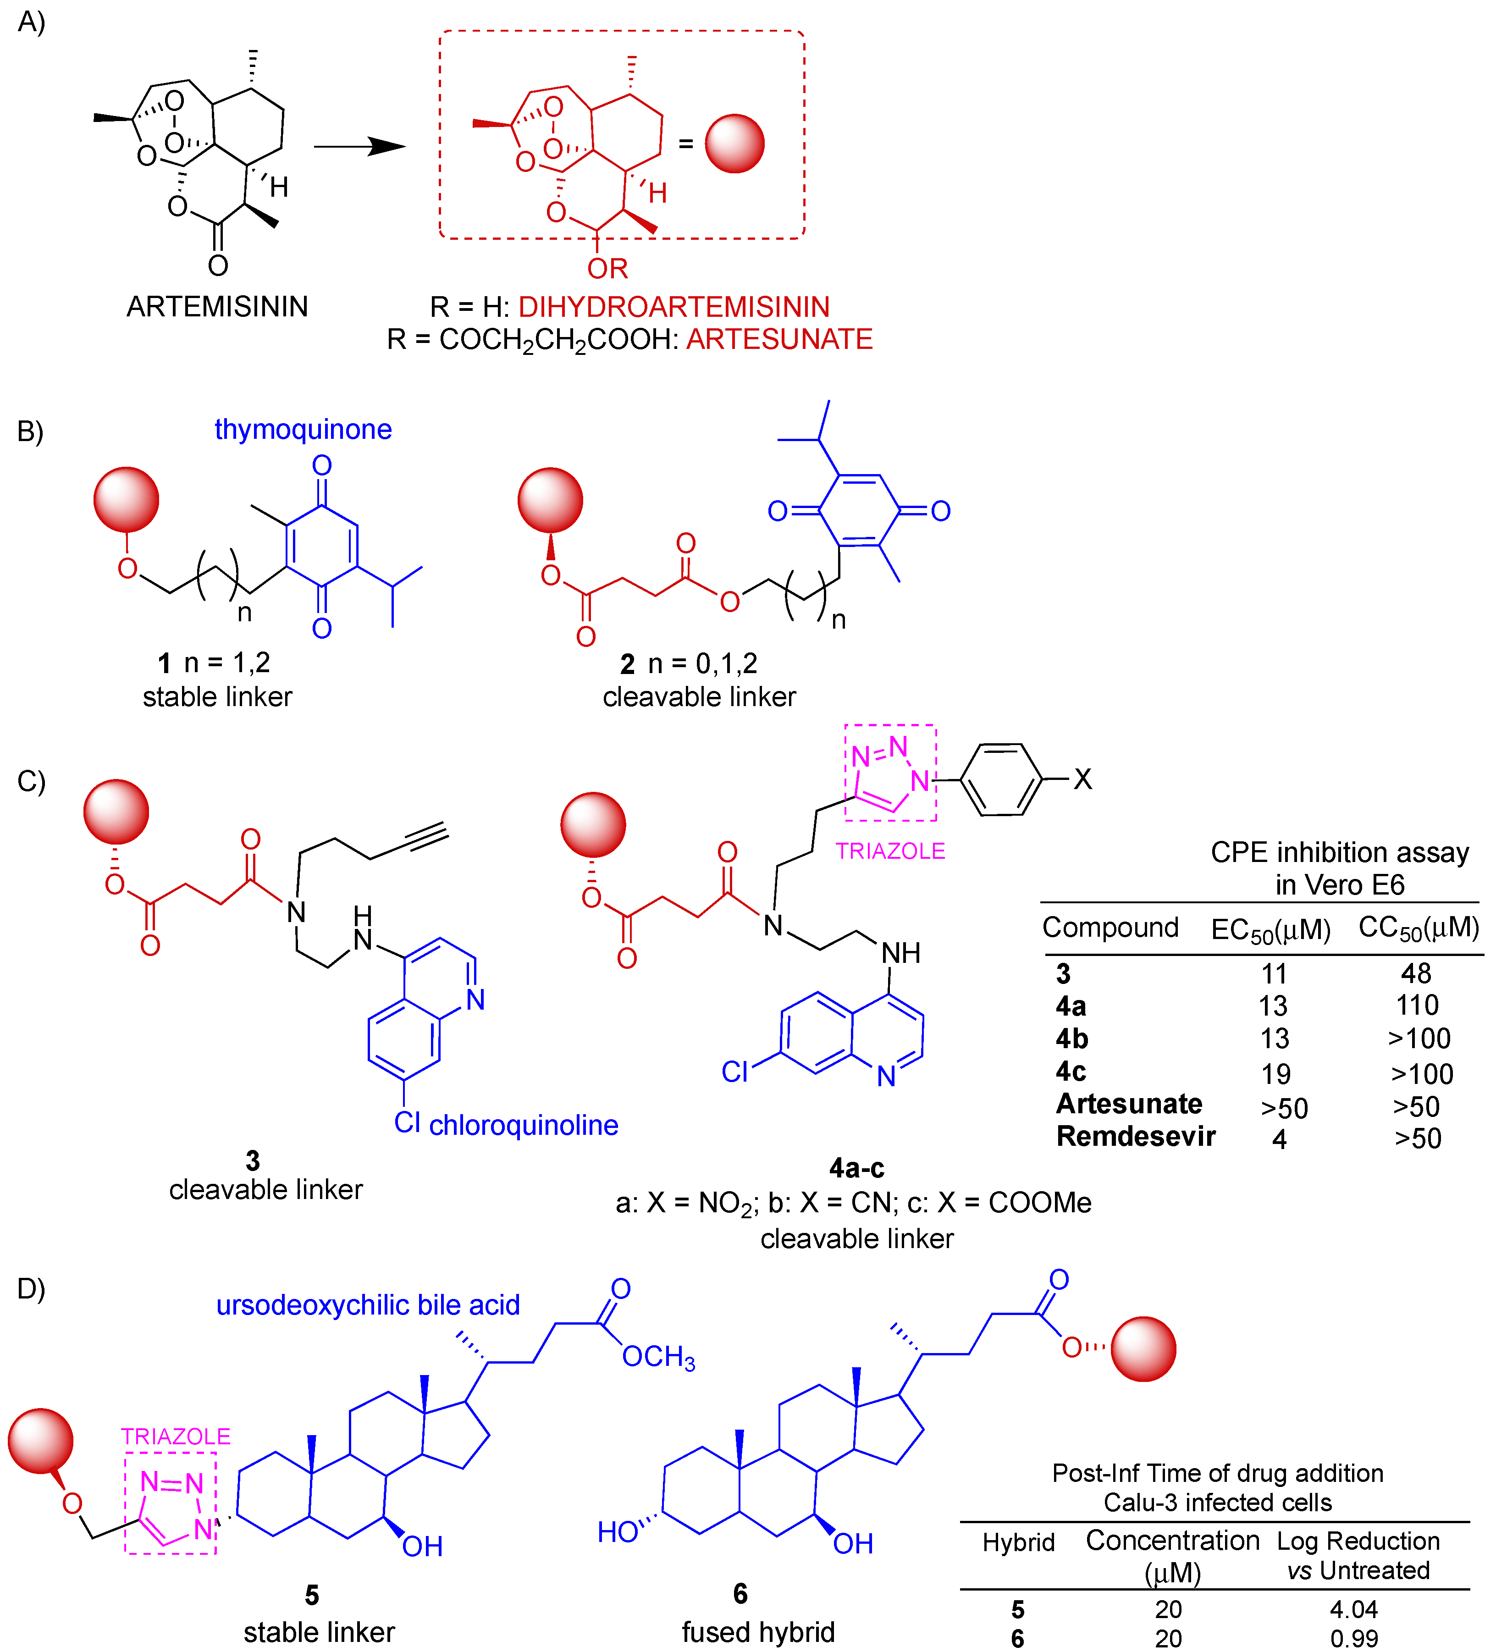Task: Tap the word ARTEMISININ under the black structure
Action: pos(217,306)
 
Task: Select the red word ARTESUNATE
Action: pos(779,339)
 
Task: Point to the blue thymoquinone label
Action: pos(303,429)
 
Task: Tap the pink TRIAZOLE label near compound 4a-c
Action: pos(890,851)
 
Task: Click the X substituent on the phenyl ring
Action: pos(1082,779)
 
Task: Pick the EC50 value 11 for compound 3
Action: pos(1274,974)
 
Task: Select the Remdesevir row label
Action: pos(1136,1137)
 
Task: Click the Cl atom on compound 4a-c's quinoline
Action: pos(734,1072)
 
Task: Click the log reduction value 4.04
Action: pos(1353,1609)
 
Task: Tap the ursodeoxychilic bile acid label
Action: pos(368,1304)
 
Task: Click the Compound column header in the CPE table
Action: pos(1110,928)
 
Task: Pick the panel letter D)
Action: pos(31,1288)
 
